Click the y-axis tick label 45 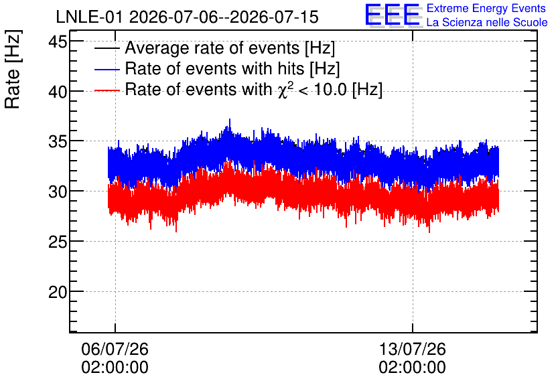(x=58, y=42)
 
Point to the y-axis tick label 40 (x=58, y=92)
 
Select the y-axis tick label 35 (x=58, y=142)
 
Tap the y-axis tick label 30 (x=58, y=192)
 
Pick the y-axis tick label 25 (x=58, y=242)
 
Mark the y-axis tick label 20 (x=58, y=293)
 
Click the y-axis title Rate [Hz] (x=13, y=69)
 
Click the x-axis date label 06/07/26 (x=115, y=349)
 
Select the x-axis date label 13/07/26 (x=412, y=349)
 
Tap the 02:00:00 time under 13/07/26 (x=412, y=368)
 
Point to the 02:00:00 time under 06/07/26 (x=115, y=368)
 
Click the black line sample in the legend (x=107, y=48)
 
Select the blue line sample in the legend (x=107, y=69)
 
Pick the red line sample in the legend (x=107, y=90)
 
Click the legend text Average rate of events (x=212, y=48)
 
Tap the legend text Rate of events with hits (x=214, y=68)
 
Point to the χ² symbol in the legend (x=285, y=90)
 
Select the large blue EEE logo (x=393, y=14)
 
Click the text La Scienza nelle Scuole (x=487, y=23)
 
